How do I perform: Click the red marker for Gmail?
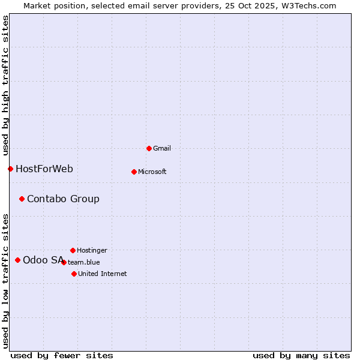(x=149, y=148)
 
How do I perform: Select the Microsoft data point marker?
(x=134, y=172)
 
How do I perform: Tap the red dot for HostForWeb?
(x=10, y=169)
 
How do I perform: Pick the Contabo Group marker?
(x=22, y=199)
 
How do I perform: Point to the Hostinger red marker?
(x=73, y=250)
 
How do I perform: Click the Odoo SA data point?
(x=17, y=260)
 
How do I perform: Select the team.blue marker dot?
(x=64, y=262)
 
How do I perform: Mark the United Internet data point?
(x=74, y=274)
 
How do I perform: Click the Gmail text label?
(x=162, y=148)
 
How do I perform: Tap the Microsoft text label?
(x=152, y=172)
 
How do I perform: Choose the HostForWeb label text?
(x=44, y=169)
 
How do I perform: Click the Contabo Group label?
(x=63, y=199)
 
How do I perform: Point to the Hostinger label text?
(x=92, y=250)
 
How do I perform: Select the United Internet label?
(x=102, y=274)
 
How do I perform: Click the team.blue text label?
(x=84, y=262)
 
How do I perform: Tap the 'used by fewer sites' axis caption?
(x=62, y=355)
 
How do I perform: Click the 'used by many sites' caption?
(x=301, y=355)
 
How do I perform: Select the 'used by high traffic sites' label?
(x=5, y=85)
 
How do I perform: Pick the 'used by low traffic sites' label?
(x=5, y=280)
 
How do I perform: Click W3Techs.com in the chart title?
(x=309, y=5)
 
